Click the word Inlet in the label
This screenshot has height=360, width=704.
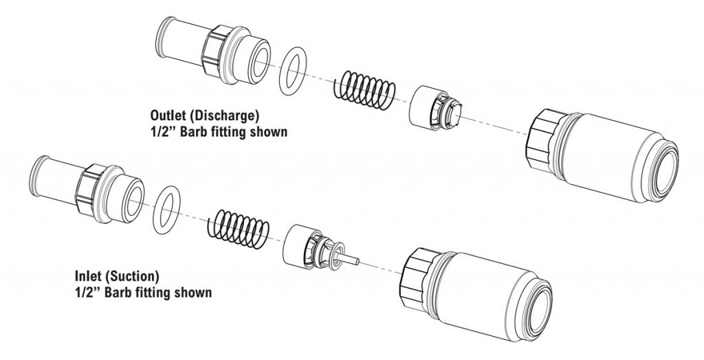pos(89,277)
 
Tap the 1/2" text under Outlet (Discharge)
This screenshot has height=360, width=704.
pos(162,131)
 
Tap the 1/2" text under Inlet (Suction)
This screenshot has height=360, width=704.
pos(87,293)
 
